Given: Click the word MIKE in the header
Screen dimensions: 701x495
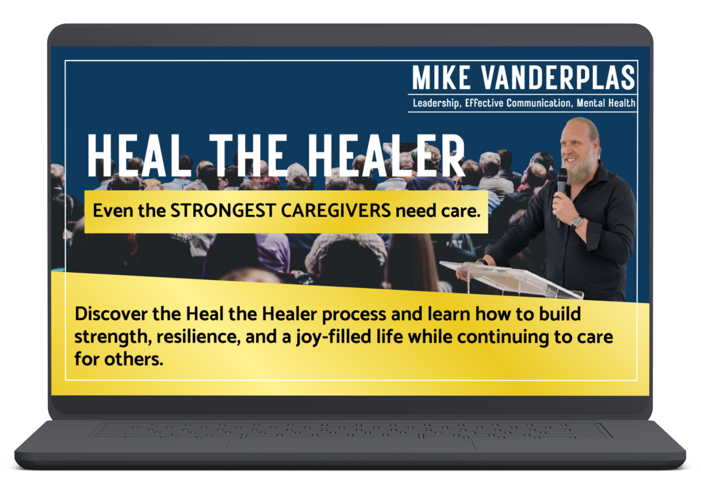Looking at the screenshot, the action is point(441,77).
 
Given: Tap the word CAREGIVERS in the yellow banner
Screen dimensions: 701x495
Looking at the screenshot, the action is point(336,211).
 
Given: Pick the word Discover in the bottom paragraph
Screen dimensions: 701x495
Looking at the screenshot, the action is point(111,314).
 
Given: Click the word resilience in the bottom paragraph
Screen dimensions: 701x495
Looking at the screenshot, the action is point(198,337).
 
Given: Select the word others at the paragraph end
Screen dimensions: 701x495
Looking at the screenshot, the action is point(134,359).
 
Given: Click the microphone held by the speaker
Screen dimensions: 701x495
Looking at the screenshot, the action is point(562,186).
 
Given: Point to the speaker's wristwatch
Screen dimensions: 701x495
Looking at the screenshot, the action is point(577,222).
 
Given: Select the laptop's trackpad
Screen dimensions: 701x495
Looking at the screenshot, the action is point(350,445).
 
